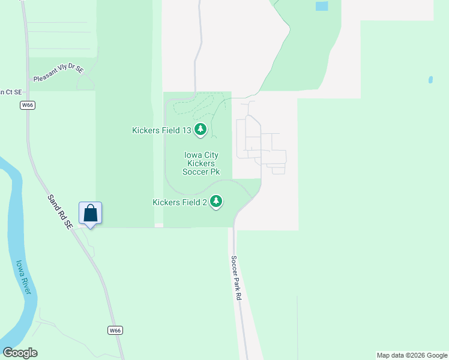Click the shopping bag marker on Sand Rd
pos(90,213)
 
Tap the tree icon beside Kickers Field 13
pos(200,129)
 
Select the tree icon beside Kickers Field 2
pos(215,202)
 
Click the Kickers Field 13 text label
pos(161,130)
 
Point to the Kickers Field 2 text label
pos(180,202)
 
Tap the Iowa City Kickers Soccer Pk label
pos(202,163)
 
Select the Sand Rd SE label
pos(60,211)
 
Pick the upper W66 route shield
pos(27,105)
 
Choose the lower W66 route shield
pos(116,331)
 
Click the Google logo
pos(20,352)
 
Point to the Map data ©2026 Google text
pos(412,355)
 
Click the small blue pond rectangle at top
pos(322,6)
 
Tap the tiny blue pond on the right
pos(430,79)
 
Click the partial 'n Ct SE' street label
pos(10,92)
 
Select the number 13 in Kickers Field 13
pos(185,130)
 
